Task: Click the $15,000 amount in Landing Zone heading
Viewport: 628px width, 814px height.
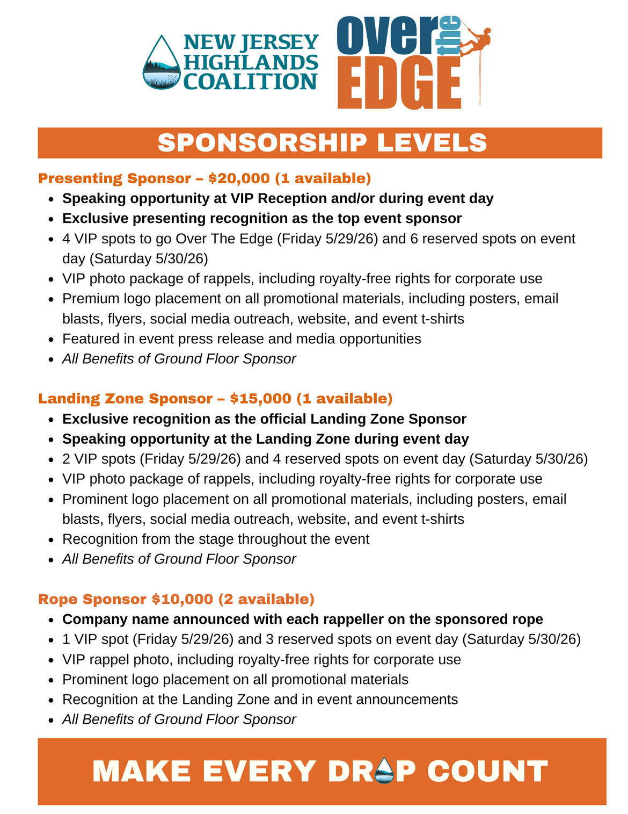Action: click(x=261, y=399)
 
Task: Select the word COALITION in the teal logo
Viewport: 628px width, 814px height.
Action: click(x=250, y=82)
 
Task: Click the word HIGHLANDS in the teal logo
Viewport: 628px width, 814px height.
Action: click(x=251, y=62)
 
